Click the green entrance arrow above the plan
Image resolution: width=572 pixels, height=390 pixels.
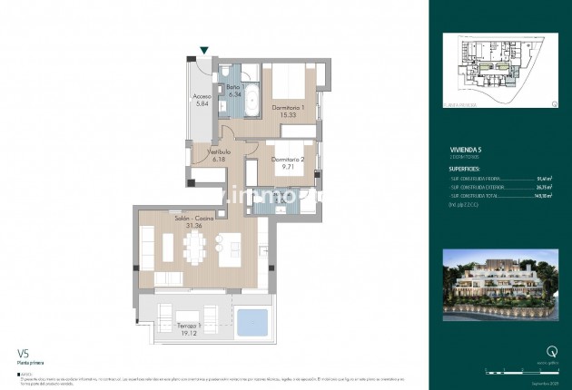point(206,51)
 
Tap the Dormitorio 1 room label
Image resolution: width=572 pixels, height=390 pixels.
point(289,108)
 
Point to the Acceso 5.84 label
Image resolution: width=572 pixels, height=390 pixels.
point(202,99)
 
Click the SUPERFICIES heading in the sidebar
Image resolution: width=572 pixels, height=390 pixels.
point(469,168)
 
